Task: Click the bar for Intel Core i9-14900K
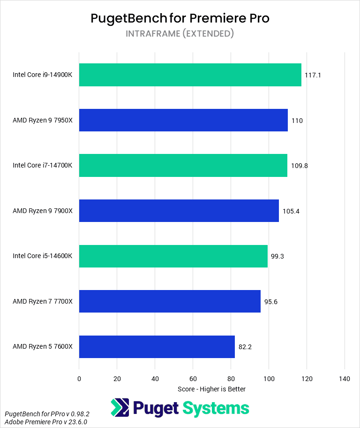[190, 75]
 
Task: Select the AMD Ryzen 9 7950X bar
[183, 121]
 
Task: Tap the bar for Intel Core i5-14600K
[173, 256]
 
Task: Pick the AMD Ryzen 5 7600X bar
[157, 347]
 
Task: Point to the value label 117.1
[313, 75]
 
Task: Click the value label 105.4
[291, 211]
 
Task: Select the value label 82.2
[246, 347]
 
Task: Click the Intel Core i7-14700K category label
[43, 166]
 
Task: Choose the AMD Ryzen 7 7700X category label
[43, 302]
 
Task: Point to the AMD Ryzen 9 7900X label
[43, 211]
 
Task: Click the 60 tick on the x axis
[193, 379]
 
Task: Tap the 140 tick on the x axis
[345, 379]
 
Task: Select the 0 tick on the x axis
[79, 379]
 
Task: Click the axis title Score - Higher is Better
[211, 389]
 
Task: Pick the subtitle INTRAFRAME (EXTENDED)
[180, 34]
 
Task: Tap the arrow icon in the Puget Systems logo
[120, 408]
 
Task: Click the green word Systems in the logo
[216, 409]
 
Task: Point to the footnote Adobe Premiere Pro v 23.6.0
[45, 422]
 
